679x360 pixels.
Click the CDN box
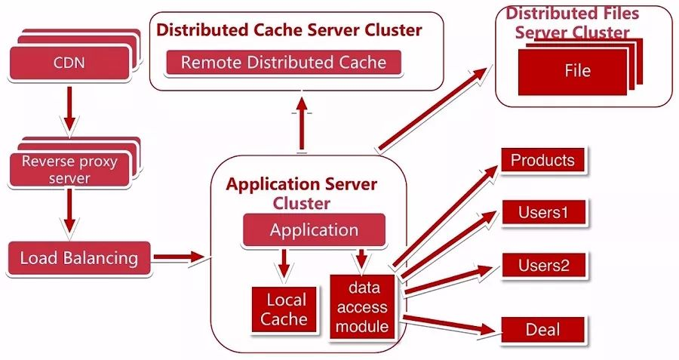(69, 63)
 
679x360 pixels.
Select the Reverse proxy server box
(69, 170)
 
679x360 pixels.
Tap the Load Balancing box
(78, 258)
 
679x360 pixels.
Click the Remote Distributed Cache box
(283, 63)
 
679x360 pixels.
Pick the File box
(577, 72)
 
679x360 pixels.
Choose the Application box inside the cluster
(314, 230)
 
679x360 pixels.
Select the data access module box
(363, 306)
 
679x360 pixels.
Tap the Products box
(542, 161)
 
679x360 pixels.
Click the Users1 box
(542, 213)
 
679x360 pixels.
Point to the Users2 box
(542, 266)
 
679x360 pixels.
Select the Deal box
(542, 330)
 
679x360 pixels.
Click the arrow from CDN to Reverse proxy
(69, 107)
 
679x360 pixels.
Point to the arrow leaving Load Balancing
(179, 258)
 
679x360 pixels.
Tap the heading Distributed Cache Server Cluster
(289, 31)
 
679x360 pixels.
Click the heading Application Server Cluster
(302, 193)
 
